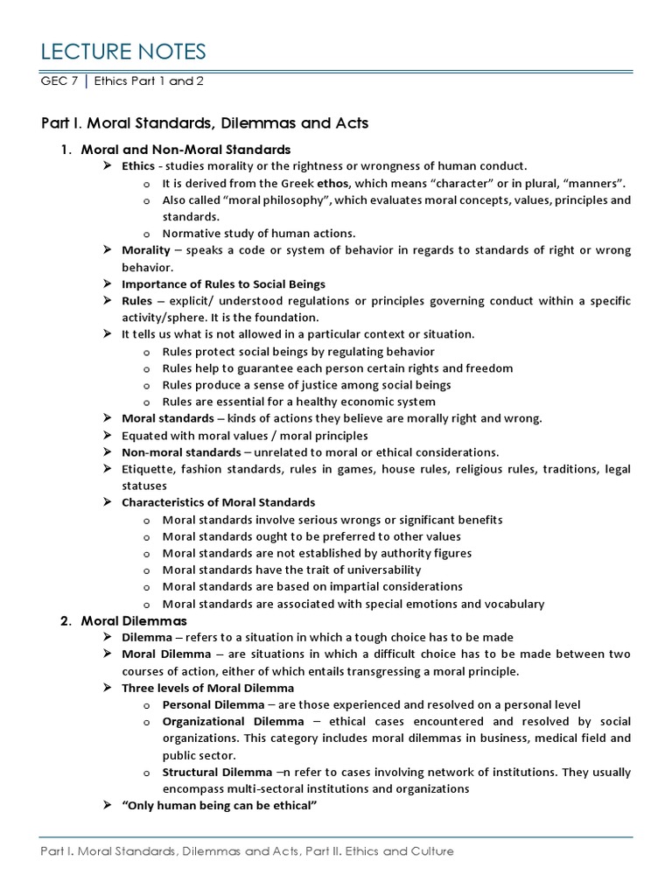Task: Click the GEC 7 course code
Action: [58, 81]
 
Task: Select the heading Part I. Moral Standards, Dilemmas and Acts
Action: [205, 123]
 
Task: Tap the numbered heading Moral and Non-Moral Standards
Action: [185, 150]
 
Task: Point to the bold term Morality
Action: [145, 250]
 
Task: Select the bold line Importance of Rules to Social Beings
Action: [223, 283]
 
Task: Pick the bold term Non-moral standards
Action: [181, 452]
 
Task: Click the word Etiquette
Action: [147, 469]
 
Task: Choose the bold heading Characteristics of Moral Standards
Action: [218, 502]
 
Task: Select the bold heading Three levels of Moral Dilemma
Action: [208, 688]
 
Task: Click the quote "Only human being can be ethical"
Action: [217, 805]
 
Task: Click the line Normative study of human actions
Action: [258, 234]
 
